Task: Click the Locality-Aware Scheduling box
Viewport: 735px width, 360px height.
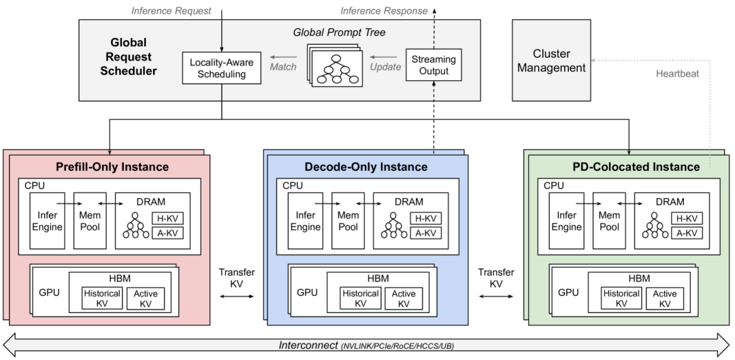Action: [x=221, y=67]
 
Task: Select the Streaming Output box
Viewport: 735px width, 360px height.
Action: [x=434, y=65]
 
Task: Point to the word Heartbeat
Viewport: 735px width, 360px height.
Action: [x=678, y=73]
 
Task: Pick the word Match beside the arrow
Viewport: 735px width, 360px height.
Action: [x=283, y=67]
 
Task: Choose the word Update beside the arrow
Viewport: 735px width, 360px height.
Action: [x=386, y=67]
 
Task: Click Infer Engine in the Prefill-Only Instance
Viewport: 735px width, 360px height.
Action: [x=47, y=220]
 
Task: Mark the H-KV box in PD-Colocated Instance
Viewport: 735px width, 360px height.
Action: [x=687, y=218]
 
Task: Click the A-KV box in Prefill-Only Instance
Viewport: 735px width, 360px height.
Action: [x=167, y=233]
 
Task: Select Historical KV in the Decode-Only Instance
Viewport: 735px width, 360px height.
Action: [x=360, y=298]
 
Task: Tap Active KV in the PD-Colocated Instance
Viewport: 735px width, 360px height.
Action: [x=664, y=298]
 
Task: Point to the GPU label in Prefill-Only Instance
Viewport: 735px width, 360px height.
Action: [x=49, y=293]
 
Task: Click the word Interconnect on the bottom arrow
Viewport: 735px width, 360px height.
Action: [x=308, y=345]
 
